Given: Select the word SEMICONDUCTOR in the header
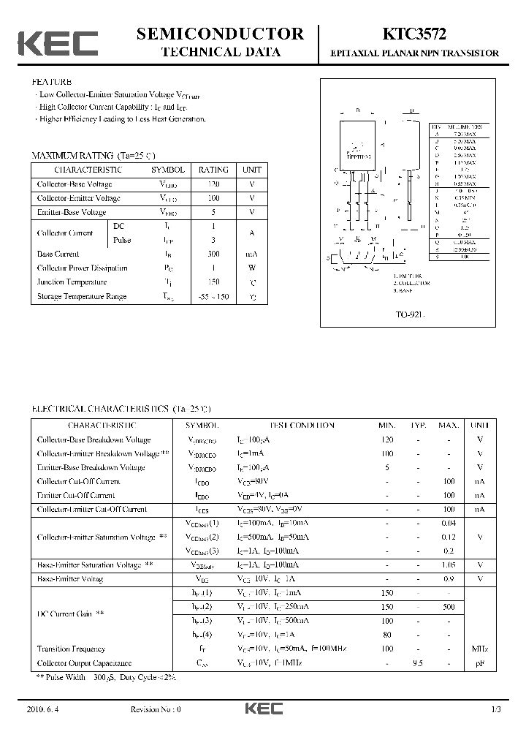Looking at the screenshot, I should [x=220, y=34].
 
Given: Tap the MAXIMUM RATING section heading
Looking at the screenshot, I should [x=94, y=156].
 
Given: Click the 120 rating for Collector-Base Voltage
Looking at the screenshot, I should [x=213, y=184].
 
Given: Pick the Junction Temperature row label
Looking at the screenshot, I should [x=72, y=282].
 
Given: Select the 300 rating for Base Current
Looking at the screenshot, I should [x=213, y=254].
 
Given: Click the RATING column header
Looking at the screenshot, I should [x=213, y=170].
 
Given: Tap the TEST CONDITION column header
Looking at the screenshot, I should [x=302, y=425].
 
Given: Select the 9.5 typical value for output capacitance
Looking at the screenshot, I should [x=419, y=663].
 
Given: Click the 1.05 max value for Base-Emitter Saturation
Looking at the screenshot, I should [x=449, y=565].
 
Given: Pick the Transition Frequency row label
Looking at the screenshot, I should [x=71, y=649].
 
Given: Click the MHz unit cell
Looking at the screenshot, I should [x=480, y=649].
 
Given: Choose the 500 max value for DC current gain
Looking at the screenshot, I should [x=449, y=607].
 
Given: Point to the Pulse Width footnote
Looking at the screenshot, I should [x=107, y=677].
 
